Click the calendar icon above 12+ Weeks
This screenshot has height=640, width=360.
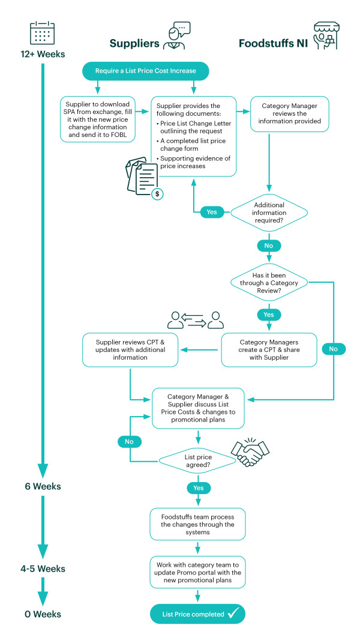tap(43, 34)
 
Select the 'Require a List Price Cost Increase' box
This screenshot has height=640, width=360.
tap(146, 71)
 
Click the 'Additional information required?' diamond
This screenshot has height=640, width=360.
tap(269, 213)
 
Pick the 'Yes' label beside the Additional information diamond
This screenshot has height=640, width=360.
tap(212, 213)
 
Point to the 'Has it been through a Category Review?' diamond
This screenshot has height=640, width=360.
tap(269, 282)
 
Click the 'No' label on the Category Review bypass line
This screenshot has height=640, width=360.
tap(334, 349)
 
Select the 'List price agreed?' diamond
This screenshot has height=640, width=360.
tap(198, 461)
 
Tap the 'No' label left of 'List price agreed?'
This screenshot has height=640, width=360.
tap(129, 442)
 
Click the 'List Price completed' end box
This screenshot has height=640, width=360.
tap(198, 614)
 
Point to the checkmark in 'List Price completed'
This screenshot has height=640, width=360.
tap(236, 613)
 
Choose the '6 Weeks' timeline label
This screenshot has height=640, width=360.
tap(43, 486)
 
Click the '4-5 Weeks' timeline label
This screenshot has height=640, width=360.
tap(43, 568)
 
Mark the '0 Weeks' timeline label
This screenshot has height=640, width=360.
tap(43, 614)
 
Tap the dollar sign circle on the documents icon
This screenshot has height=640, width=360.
tap(157, 194)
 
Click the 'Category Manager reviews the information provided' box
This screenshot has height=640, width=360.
tap(289, 114)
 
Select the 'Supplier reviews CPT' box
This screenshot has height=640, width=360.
tap(130, 350)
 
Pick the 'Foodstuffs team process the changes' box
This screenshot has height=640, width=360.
tap(198, 524)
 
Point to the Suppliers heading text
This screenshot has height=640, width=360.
tap(134, 43)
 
